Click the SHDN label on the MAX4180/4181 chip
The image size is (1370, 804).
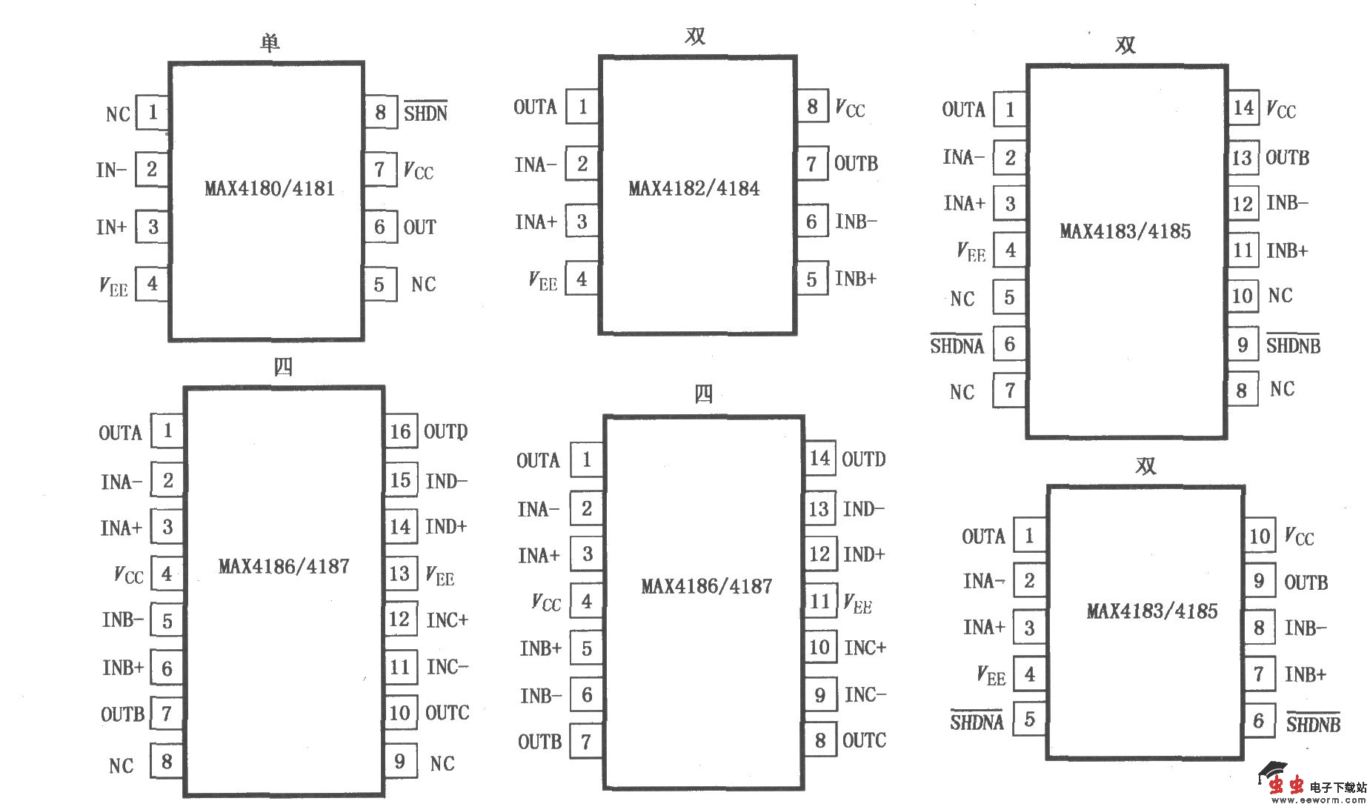(425, 112)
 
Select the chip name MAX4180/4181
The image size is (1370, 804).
(269, 188)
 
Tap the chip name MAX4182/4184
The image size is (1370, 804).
(694, 188)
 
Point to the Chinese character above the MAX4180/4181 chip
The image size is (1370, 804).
(270, 42)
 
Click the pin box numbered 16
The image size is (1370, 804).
(400, 431)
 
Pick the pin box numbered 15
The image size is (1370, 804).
(400, 479)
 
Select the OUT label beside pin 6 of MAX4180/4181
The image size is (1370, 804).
(419, 227)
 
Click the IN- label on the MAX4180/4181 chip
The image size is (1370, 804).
(111, 170)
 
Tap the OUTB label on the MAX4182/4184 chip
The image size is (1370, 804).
(856, 163)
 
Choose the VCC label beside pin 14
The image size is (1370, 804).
(1281, 110)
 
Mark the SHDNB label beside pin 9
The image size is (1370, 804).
(1293, 345)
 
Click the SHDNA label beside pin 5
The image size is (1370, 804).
(977, 721)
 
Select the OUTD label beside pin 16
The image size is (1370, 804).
(445, 431)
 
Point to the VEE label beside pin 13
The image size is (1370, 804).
(440, 575)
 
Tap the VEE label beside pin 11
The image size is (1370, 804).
(858, 602)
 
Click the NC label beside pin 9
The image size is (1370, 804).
(442, 763)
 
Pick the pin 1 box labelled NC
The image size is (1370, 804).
(152, 113)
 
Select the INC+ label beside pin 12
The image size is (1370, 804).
(447, 619)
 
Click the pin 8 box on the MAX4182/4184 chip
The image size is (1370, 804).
(812, 107)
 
